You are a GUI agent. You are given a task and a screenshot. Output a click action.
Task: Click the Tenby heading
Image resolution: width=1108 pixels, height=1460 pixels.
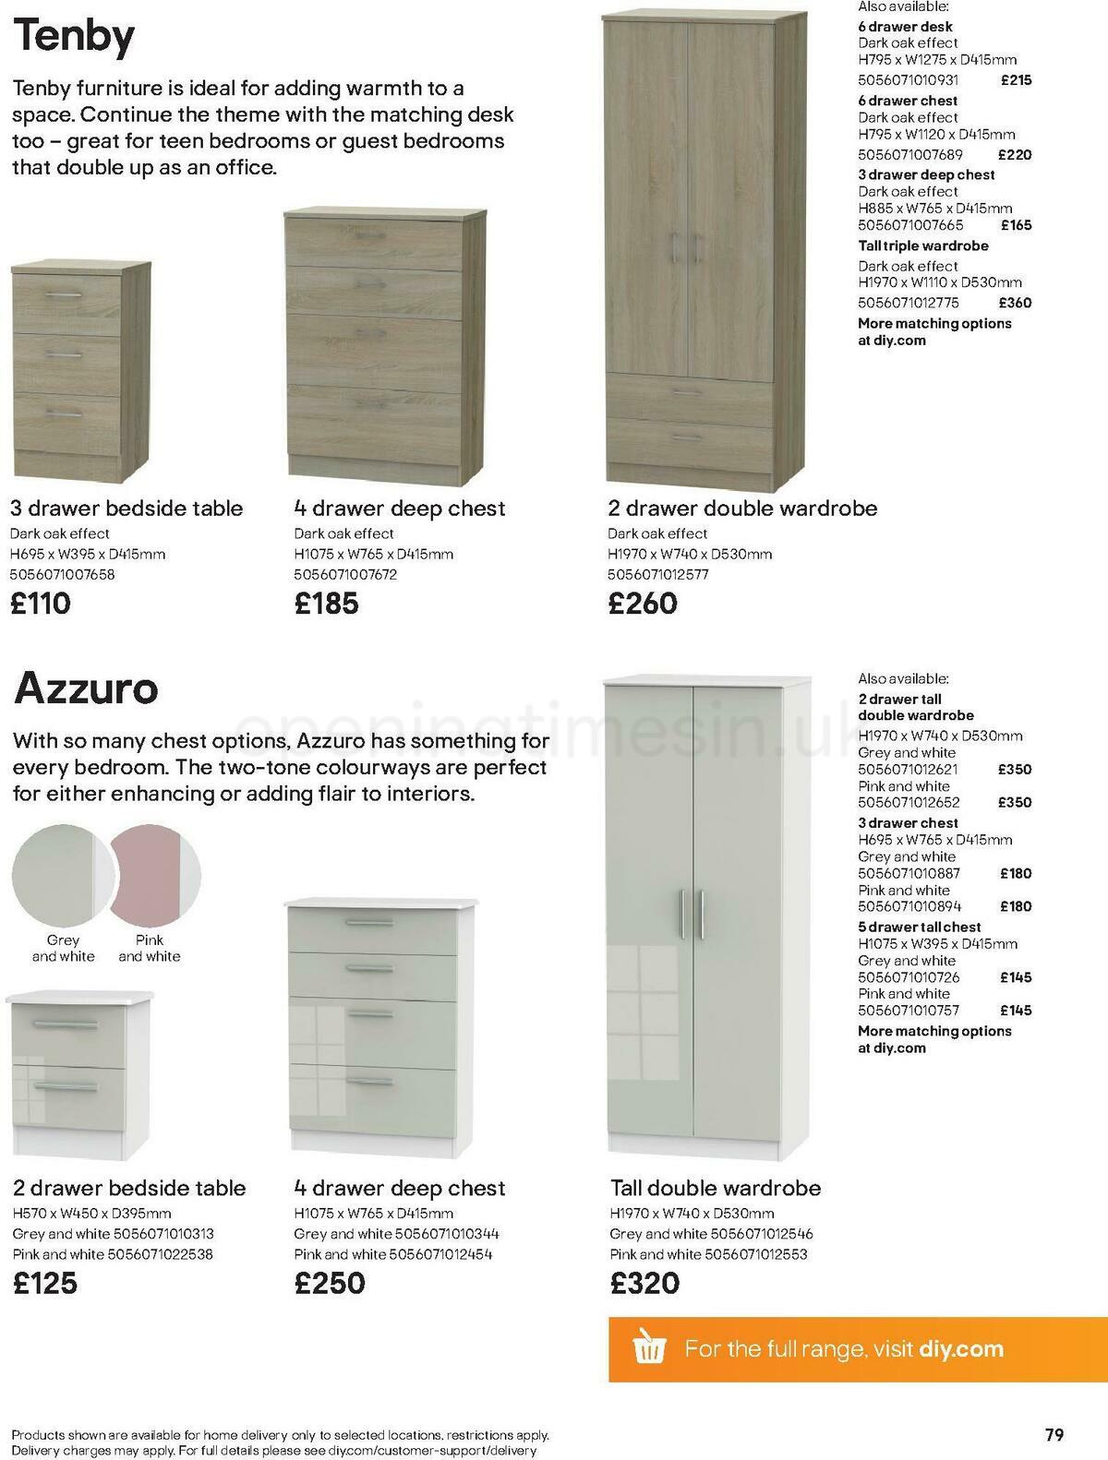(74, 37)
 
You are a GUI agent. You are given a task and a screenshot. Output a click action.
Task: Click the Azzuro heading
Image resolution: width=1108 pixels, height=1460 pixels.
(86, 688)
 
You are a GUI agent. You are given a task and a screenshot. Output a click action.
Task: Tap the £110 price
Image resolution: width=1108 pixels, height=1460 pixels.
(41, 604)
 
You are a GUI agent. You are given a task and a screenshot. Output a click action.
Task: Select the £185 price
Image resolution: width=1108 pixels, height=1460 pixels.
(326, 604)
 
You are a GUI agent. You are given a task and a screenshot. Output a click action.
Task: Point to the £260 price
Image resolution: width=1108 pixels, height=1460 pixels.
(643, 604)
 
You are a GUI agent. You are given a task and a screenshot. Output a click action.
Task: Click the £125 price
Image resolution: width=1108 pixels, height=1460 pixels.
(45, 1283)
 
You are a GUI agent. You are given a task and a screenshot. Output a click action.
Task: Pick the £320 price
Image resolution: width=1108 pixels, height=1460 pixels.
(644, 1283)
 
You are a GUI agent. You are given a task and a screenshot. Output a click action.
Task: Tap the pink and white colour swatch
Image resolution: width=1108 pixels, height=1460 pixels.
(155, 872)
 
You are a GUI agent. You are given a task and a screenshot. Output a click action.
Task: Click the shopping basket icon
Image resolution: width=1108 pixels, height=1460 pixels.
(649, 1348)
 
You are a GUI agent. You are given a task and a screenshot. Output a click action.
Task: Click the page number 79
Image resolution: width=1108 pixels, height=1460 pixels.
(1054, 1435)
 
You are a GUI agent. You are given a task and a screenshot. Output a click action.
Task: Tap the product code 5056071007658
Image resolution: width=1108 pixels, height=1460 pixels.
(63, 574)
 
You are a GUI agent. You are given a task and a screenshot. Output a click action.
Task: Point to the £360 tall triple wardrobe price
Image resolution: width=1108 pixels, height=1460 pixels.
(1015, 303)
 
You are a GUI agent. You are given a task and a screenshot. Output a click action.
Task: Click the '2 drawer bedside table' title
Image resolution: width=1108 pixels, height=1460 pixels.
(129, 1188)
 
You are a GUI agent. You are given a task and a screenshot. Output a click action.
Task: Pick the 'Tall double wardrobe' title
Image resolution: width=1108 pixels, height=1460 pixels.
(716, 1188)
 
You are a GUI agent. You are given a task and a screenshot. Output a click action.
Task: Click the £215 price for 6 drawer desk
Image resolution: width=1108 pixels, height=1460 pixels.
(1016, 80)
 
